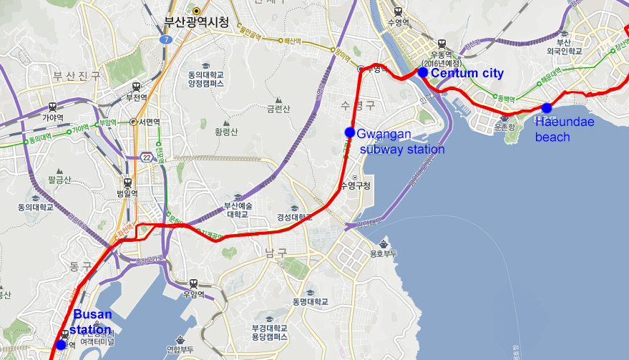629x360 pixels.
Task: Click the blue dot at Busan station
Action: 61,345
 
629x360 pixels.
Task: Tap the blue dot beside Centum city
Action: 422,72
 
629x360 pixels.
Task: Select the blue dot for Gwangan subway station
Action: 350,132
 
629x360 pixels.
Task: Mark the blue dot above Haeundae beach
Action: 547,108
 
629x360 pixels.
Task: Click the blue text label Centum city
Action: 467,73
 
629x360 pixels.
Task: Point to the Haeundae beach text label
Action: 565,129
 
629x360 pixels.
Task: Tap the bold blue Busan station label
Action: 92,322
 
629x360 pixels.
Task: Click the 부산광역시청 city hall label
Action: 196,22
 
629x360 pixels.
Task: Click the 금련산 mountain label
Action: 278,109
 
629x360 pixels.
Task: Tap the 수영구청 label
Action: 356,186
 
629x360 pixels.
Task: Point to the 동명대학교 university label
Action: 310,302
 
